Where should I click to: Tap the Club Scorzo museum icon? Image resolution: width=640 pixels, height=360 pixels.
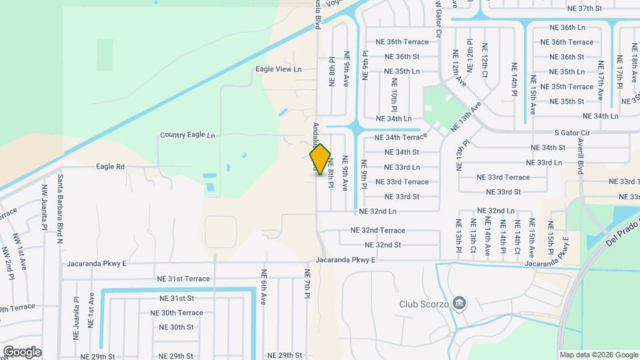coord(459,303)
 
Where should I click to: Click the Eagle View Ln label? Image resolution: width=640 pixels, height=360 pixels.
coord(279,69)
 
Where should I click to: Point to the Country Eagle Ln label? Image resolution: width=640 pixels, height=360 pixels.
coord(187,135)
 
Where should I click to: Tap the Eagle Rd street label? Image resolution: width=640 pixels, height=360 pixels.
coord(111,167)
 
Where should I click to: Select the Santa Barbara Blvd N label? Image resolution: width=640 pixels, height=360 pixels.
coord(60,201)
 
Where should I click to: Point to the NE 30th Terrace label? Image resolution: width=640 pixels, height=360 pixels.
coord(176,313)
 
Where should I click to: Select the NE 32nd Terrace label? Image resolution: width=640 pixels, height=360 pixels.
coord(377,230)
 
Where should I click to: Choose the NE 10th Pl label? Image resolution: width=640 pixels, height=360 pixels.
coord(394,95)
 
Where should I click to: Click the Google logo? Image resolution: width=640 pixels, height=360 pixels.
coord(22,351)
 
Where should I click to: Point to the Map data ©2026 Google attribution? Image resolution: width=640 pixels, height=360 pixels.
coord(598,355)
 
